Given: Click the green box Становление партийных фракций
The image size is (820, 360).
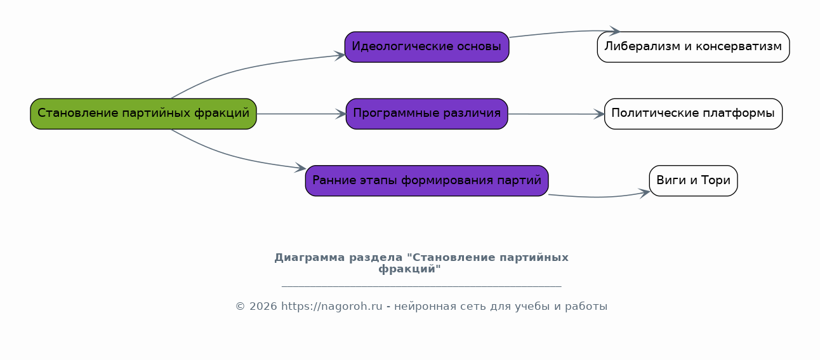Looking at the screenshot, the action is click(x=143, y=114).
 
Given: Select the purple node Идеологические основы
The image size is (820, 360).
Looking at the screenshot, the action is click(x=427, y=47).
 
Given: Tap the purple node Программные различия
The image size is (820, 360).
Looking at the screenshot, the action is click(x=427, y=114).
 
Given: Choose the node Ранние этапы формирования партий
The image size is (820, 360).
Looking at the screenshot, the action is click(x=427, y=180).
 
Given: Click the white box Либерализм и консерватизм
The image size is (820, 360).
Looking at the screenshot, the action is click(x=693, y=47).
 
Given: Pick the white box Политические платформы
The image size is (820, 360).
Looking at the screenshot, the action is click(x=693, y=114).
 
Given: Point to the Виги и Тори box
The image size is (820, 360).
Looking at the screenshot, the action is click(x=693, y=180).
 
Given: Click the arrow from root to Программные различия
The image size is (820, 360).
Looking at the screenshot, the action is click(x=301, y=114).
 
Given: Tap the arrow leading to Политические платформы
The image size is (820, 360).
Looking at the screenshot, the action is click(x=556, y=114).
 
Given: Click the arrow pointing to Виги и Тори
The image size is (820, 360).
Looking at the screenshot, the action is click(x=599, y=197).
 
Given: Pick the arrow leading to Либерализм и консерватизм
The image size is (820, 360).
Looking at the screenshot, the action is click(x=564, y=32).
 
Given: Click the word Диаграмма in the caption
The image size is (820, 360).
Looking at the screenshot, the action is click(x=310, y=257).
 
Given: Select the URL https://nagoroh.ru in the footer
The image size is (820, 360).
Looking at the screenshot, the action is click(x=332, y=306).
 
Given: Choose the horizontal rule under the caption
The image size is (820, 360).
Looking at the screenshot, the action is click(x=421, y=286).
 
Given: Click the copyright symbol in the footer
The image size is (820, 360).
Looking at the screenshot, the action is click(x=240, y=306).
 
